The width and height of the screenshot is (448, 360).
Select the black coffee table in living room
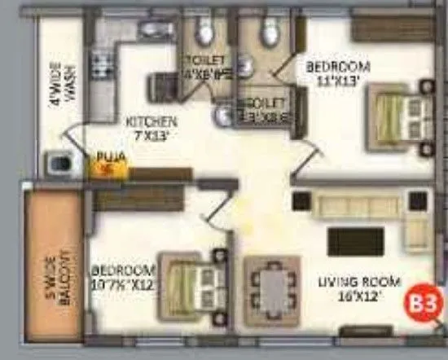pyautogui.click(x=355, y=241)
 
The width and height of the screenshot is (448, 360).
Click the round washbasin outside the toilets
pyautogui.click(x=222, y=116)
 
